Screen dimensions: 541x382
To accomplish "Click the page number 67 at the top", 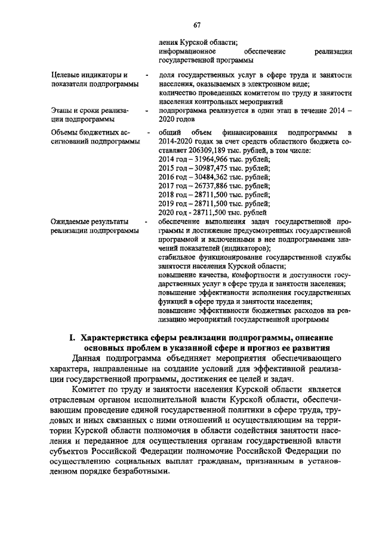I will point(197,25).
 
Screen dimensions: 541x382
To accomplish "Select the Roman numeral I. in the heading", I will point(72,339).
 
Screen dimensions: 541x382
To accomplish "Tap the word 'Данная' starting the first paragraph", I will point(85,359).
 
